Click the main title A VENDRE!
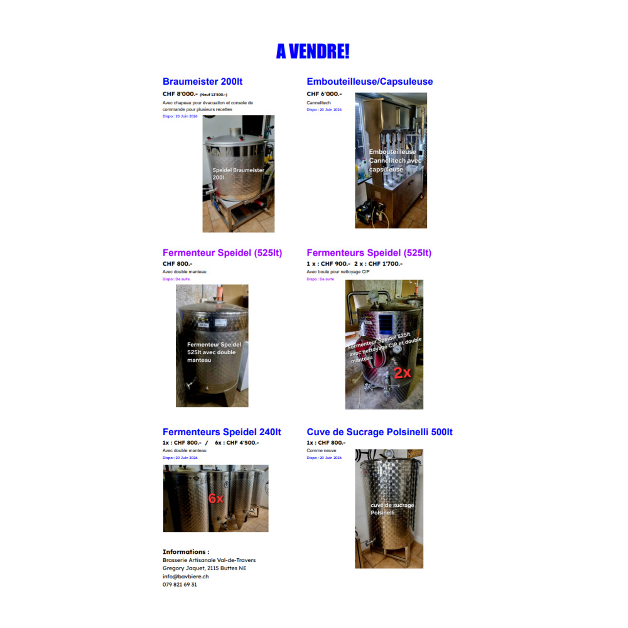click(312, 51)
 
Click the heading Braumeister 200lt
click(202, 82)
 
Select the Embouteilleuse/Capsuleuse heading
click(369, 82)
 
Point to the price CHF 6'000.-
click(324, 94)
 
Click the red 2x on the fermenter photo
click(402, 372)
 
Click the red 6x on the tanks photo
click(215, 499)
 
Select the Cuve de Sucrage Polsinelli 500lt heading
click(379, 432)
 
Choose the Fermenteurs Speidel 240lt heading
click(222, 432)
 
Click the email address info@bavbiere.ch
click(185, 577)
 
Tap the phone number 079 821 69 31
click(180, 585)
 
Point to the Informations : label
click(186, 552)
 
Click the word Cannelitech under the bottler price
click(318, 102)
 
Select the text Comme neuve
click(321, 450)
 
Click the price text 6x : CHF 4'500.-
click(237, 443)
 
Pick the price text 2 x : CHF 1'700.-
click(378, 264)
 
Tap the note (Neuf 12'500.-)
click(214, 95)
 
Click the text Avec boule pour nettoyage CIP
click(338, 272)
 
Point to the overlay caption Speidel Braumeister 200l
click(238, 173)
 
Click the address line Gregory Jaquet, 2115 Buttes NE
click(204, 568)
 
